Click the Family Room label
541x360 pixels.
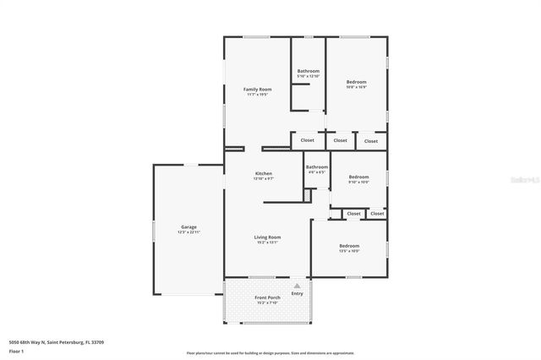coord(258,89)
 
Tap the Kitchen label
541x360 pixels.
coord(264,173)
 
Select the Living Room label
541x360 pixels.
coord(267,237)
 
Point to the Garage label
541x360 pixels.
coord(189,226)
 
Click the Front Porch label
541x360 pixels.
coord(267,297)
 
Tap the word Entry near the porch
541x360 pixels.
coord(297,293)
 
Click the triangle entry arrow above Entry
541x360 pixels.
coord(297,286)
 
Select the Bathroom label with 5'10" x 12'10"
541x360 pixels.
coord(309,71)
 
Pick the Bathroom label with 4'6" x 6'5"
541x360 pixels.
coord(317,166)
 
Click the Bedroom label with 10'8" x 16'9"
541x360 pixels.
coord(357,81)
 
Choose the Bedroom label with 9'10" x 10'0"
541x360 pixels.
coord(359,177)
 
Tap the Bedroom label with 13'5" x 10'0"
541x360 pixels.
coord(349,245)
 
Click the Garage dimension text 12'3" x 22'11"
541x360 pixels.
coord(189,232)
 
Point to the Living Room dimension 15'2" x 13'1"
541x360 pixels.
coord(267,243)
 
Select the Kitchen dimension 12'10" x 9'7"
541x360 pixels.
coord(264,179)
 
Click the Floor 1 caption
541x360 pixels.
coord(16,351)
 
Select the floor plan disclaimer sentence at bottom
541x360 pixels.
coord(269,353)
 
